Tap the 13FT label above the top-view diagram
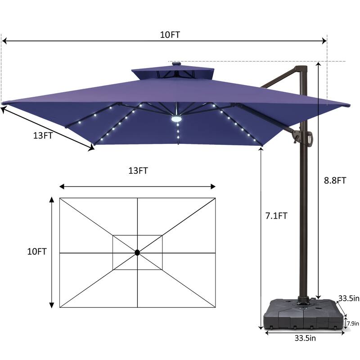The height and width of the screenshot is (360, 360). (138, 171)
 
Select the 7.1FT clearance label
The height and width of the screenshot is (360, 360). (276, 216)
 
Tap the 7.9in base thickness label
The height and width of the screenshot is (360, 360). (352, 323)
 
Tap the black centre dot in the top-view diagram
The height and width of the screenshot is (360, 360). (137, 253)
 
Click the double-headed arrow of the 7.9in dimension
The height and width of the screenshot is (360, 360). (345, 323)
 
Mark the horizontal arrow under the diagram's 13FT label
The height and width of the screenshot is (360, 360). (137, 186)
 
